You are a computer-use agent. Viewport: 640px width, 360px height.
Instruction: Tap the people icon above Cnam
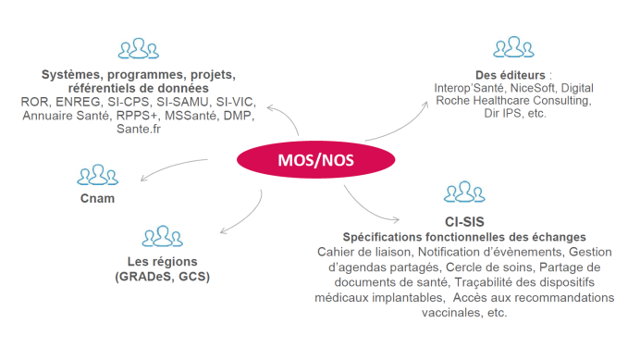96,175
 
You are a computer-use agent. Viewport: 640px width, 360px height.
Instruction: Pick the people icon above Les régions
162,236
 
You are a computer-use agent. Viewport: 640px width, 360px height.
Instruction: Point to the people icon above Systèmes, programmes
139,48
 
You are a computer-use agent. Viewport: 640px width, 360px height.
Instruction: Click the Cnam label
96,199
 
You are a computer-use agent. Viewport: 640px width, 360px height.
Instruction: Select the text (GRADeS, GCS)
162,277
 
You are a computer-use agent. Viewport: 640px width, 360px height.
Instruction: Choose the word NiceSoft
525,86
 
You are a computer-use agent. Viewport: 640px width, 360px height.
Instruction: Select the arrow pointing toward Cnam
176,168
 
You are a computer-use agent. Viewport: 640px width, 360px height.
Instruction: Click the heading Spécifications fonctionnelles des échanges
464,236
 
